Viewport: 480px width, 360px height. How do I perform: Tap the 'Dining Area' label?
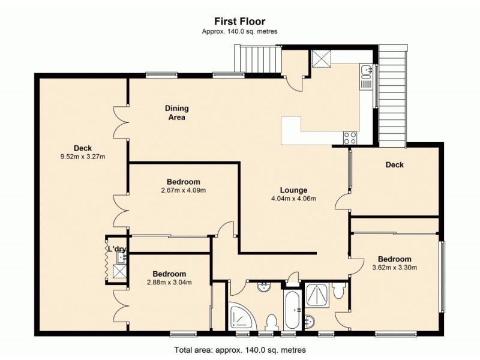[x=177, y=113]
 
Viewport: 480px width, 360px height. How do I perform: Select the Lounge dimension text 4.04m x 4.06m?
[x=293, y=199]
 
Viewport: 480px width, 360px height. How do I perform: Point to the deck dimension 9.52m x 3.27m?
[x=82, y=157]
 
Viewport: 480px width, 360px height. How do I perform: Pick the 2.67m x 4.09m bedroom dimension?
[x=183, y=191]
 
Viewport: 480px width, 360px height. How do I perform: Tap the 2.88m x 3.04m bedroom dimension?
[x=169, y=283]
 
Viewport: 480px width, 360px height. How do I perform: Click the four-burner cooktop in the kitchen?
[x=350, y=137]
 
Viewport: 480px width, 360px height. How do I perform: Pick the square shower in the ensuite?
[x=317, y=294]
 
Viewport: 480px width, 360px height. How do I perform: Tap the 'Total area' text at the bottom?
[x=239, y=349]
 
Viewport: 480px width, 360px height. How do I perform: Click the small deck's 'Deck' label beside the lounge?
[x=394, y=164]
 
